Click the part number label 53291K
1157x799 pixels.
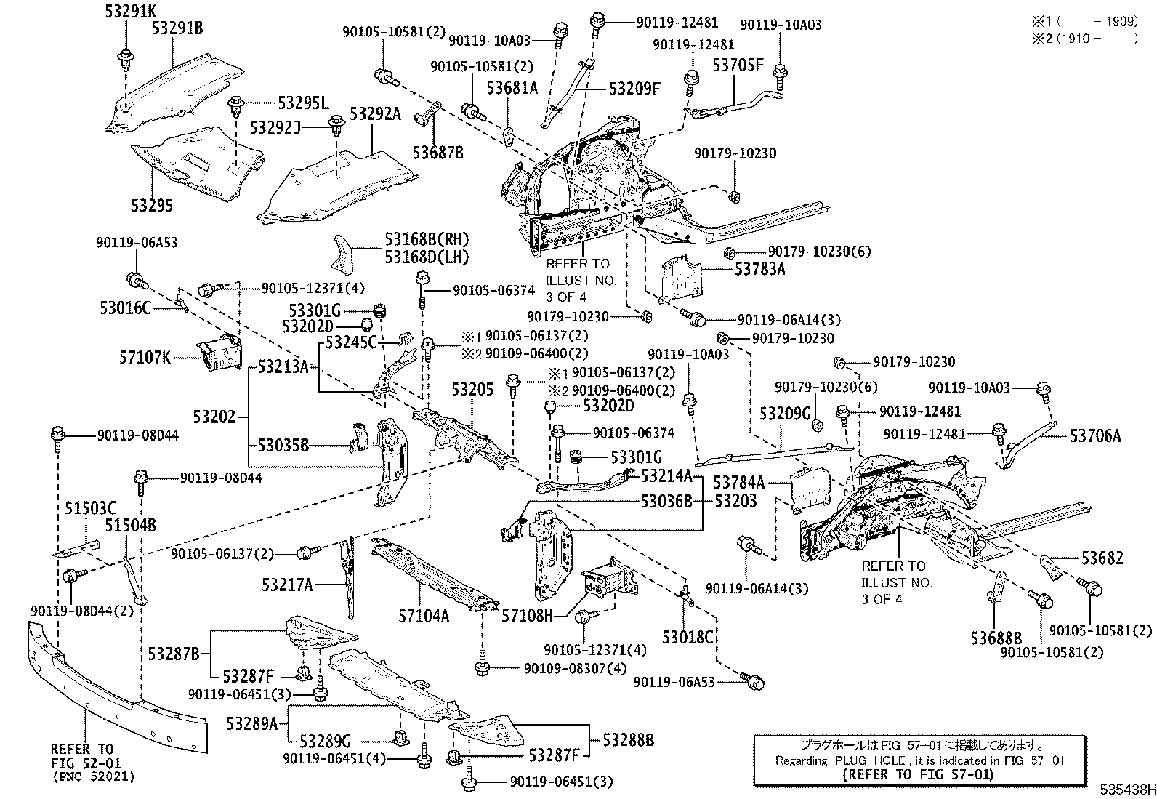click(131, 11)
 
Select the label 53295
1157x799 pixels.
click(152, 206)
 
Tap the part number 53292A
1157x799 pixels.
click(375, 113)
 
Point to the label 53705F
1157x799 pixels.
click(738, 65)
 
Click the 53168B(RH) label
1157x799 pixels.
click(427, 239)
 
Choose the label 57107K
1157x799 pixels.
click(145, 357)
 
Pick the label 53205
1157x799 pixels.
click(472, 389)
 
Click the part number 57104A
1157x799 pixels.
click(424, 616)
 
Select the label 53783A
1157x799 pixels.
click(759, 269)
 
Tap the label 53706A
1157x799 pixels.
click(1095, 436)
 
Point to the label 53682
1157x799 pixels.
click(1102, 558)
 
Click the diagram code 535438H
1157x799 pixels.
click(1127, 790)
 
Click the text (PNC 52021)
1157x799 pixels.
click(93, 776)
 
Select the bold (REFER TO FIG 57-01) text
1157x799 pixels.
click(918, 774)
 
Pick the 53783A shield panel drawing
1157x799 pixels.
click(682, 278)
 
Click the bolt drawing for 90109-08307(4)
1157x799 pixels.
click(483, 662)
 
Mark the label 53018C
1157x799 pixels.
click(688, 637)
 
